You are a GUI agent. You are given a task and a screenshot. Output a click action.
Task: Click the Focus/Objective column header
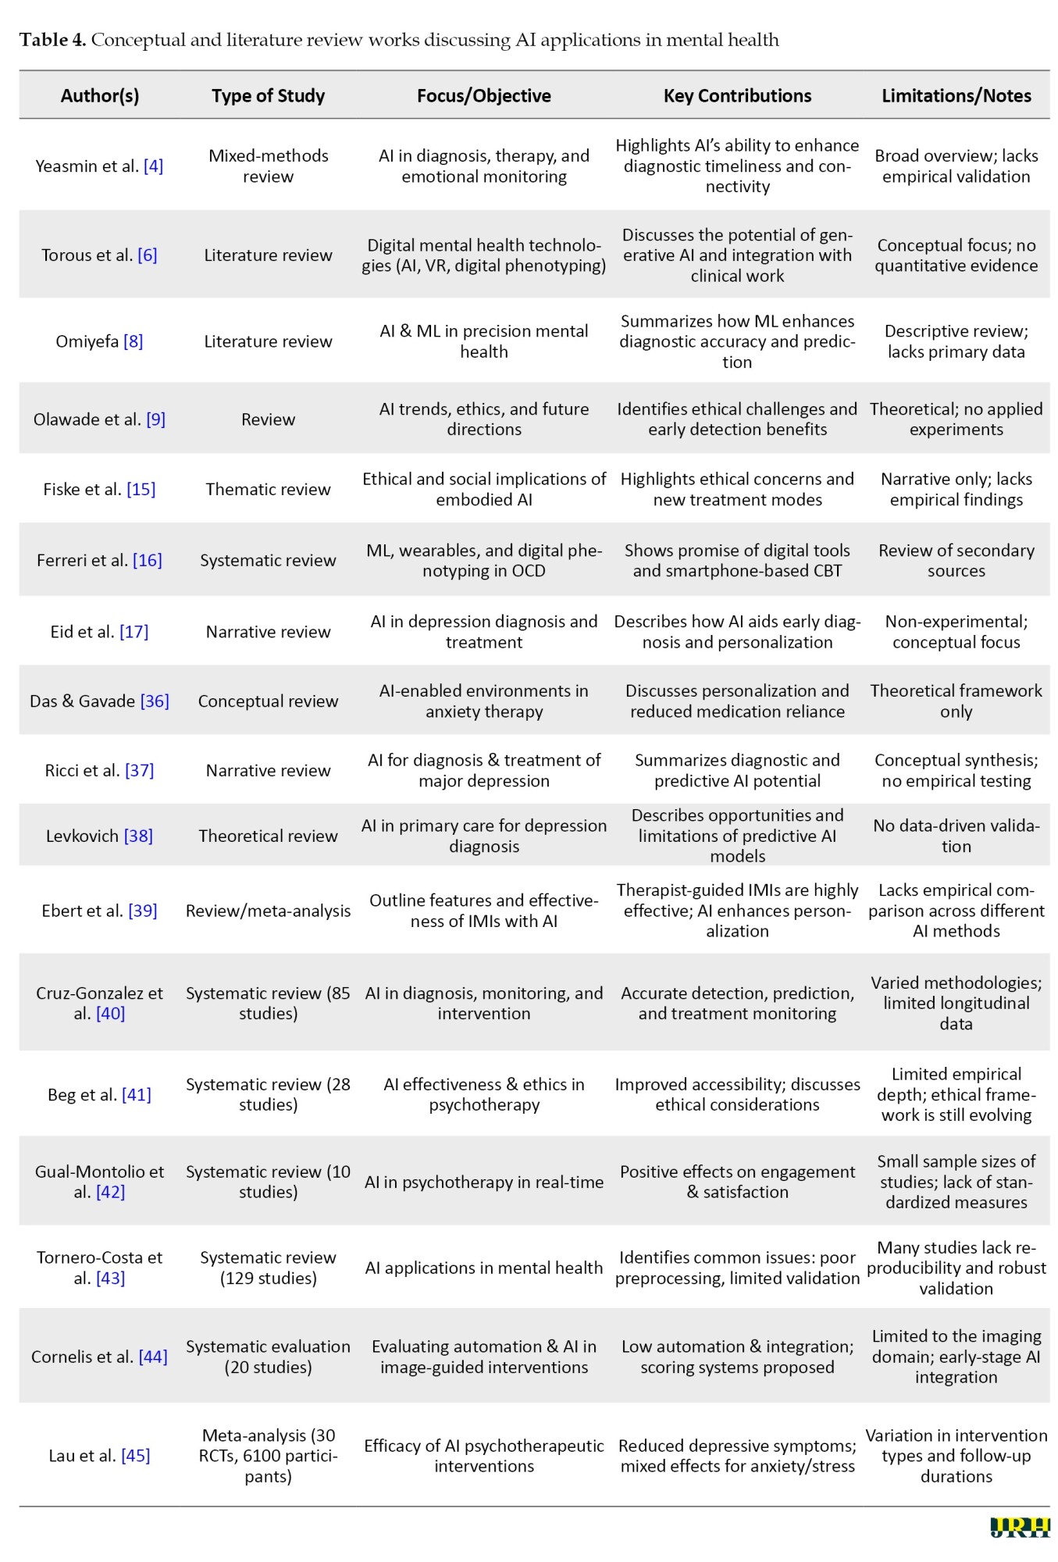[483, 95]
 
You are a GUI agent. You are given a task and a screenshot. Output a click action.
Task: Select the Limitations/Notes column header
[956, 95]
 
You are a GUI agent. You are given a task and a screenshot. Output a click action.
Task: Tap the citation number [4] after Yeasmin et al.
[153, 166]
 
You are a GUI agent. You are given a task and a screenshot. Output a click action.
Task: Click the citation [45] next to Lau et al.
[135, 1455]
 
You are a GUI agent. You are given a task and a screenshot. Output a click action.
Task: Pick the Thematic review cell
[268, 489]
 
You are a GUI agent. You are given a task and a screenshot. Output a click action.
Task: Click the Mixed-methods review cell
[268, 166]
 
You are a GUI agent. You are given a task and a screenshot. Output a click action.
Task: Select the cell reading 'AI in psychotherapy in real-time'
[483, 1182]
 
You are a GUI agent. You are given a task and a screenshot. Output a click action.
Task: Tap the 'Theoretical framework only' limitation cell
[956, 701]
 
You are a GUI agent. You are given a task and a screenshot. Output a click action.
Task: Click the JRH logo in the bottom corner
[1019, 1528]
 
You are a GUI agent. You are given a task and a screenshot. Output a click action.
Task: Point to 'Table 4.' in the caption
[52, 40]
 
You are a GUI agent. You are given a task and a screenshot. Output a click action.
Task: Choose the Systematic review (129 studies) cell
[268, 1268]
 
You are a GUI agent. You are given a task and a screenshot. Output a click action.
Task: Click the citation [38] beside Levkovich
[138, 836]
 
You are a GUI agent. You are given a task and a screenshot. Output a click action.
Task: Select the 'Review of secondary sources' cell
[956, 560]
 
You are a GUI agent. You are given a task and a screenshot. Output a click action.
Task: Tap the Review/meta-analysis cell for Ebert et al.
[268, 911]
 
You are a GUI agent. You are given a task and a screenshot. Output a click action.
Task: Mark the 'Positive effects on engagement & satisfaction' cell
[737, 1182]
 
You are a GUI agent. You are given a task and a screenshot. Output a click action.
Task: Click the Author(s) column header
[100, 95]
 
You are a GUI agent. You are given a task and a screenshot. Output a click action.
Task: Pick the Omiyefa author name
[87, 341]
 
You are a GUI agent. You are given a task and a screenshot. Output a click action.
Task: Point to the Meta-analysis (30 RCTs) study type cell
[268, 1456]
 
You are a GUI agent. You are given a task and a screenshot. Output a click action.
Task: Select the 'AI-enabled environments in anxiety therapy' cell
[483, 701]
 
